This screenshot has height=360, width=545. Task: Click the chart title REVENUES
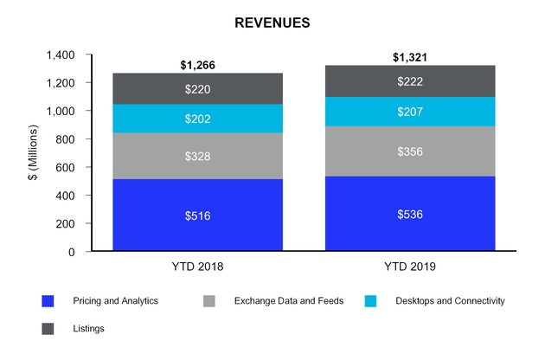point(272,23)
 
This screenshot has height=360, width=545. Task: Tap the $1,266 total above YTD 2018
point(197,64)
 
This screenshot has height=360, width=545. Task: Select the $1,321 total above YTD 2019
point(410,58)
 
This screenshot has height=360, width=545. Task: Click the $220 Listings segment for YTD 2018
point(197,88)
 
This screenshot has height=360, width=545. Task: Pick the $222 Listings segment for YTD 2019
point(410,80)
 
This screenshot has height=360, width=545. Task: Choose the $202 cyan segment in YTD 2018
point(197,119)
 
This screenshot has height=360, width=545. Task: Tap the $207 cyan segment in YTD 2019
point(410,112)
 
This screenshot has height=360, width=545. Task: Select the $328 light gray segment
point(197,156)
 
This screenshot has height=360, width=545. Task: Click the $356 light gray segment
point(410,151)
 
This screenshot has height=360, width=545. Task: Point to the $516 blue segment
point(197,215)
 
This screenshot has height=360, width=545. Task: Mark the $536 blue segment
point(410,213)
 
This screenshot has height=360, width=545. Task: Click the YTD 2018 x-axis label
point(197,267)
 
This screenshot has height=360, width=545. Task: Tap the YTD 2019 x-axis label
point(410,267)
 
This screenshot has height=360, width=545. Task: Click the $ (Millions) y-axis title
point(32,153)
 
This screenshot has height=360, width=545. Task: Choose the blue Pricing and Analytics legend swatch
point(48,301)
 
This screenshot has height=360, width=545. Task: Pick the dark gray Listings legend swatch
point(48,328)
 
